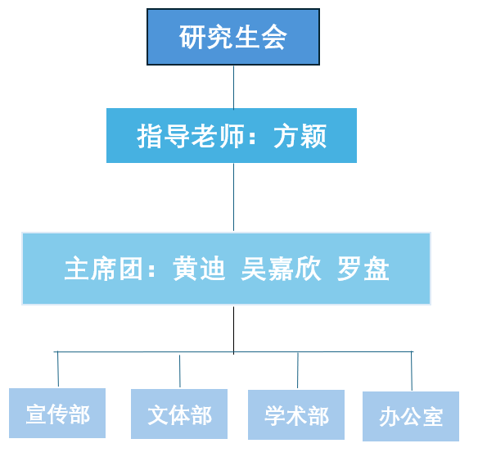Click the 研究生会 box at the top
233,37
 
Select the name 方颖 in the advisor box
300,136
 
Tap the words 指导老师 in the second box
191,136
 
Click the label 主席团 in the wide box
103,269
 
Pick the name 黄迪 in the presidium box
200,269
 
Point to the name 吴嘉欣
281,269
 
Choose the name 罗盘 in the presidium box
363,269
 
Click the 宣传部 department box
57,414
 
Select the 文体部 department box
179,414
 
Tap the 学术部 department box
296,414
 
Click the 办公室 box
411,416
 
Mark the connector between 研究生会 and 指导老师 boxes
234,87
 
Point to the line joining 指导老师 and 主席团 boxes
234,197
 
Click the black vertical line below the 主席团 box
234,330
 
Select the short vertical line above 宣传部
58,369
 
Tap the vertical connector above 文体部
180,371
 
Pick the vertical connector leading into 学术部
298,370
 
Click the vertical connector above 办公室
412,371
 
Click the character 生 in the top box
247,37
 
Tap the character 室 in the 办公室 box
433,417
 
